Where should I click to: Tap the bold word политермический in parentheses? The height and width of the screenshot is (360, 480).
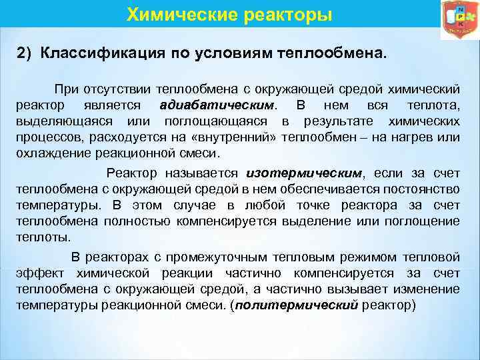click(297, 305)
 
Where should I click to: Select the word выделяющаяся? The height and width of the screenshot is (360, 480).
click(53, 122)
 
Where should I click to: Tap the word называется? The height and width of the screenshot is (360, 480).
click(201, 172)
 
